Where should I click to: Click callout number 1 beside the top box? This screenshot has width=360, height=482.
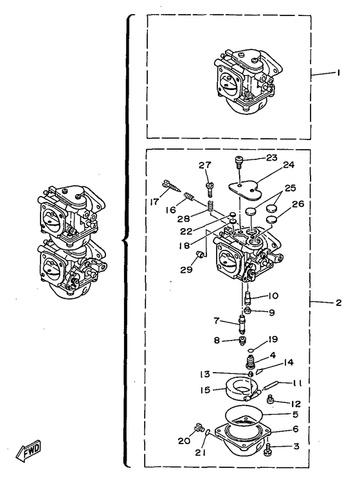[x=338, y=73]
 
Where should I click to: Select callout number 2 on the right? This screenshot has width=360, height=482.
[x=338, y=303]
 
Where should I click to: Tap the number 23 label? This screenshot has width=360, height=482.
[x=272, y=157]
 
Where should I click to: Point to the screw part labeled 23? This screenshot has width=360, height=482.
[x=239, y=161]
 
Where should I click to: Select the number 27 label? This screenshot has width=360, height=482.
[x=204, y=165]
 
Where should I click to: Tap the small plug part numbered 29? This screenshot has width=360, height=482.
[x=201, y=254]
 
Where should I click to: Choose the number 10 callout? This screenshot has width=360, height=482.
[x=273, y=296]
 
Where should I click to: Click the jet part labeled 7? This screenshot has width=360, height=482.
[x=242, y=325]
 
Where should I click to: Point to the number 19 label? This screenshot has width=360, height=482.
[x=273, y=339]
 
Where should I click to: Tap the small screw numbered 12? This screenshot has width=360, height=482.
[x=270, y=398]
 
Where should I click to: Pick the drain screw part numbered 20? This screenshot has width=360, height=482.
[x=199, y=428]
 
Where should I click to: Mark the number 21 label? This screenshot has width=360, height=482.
[x=200, y=452]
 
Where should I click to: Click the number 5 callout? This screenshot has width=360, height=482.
[x=296, y=415]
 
